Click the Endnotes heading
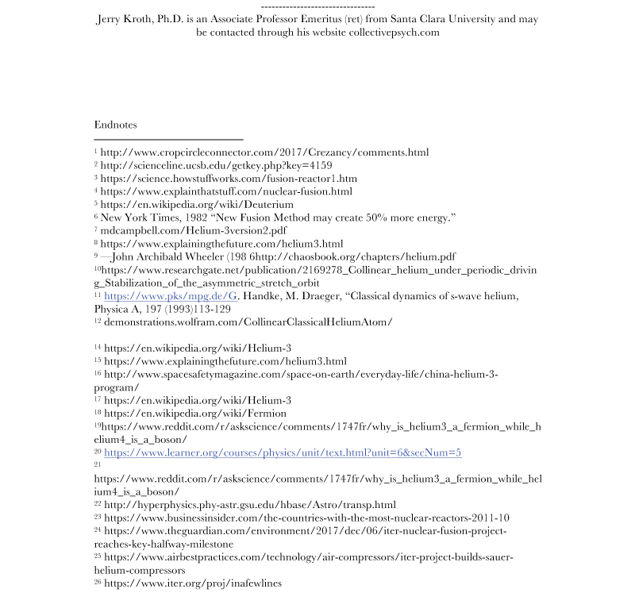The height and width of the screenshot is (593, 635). point(115,125)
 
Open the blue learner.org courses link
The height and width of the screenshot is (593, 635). point(283,452)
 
